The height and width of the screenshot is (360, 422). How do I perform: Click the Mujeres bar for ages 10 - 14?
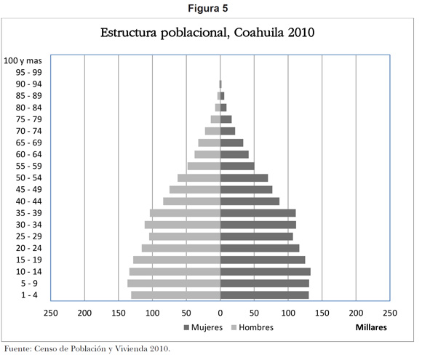point(266,271)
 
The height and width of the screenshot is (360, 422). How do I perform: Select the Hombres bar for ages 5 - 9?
point(174,284)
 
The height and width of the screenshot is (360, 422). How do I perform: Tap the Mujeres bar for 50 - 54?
point(244,178)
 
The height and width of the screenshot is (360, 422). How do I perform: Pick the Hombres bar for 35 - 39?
point(185,213)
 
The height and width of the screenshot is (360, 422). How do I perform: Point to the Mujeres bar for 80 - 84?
point(223,108)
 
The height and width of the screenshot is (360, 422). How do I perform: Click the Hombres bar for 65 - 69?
point(210,143)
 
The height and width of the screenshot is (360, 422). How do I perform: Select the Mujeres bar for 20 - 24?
point(260,248)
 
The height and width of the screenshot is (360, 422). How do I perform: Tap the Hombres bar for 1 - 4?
point(176,295)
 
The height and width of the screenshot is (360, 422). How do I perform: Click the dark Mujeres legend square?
point(186,327)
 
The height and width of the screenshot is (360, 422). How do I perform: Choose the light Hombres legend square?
point(234,327)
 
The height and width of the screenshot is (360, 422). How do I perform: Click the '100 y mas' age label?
point(23,61)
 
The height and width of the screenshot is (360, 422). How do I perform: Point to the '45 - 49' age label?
point(29,189)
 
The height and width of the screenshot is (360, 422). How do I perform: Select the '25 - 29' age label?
point(29,236)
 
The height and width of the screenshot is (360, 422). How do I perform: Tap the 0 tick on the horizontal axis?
point(220,313)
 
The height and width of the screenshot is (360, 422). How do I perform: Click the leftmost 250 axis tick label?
point(51,313)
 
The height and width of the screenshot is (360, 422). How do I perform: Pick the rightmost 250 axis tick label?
point(390,313)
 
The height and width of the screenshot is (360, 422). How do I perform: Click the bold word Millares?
point(371,327)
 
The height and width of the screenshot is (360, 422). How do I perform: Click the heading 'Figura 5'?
point(208,8)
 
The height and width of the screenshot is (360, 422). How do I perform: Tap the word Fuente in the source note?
point(18,349)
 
